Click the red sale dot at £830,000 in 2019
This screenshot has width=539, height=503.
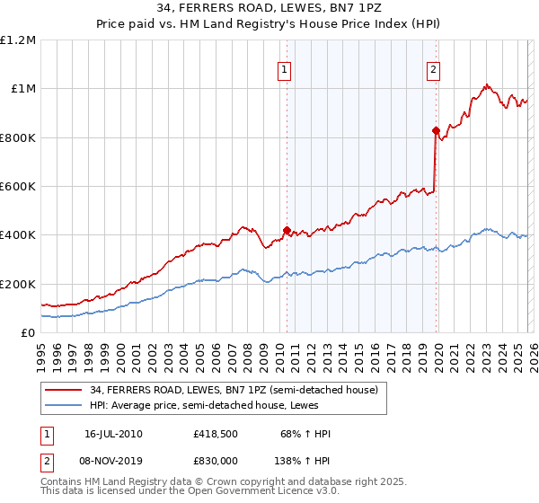point(436,130)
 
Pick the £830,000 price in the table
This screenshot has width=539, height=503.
point(215,460)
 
